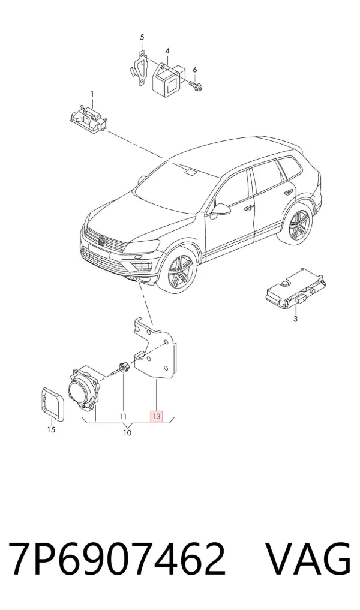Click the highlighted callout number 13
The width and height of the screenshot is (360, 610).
pos(156,417)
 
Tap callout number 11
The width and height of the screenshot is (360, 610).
pos(123,417)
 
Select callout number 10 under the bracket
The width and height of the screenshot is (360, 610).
pos(127,433)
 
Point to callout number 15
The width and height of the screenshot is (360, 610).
pos(51,430)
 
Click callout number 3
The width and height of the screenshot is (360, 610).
pos(295,319)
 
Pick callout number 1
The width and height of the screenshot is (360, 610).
pos(92,94)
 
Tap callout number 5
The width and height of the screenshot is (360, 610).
pos(142,37)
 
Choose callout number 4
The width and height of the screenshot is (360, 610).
pos(167,51)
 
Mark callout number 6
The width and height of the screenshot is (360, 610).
pos(195,70)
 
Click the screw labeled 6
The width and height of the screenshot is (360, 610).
pos(196,86)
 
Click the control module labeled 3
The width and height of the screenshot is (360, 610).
pos(296,289)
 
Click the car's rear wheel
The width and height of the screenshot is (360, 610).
pos(299,226)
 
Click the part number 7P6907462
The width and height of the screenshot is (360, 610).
pos(116,558)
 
